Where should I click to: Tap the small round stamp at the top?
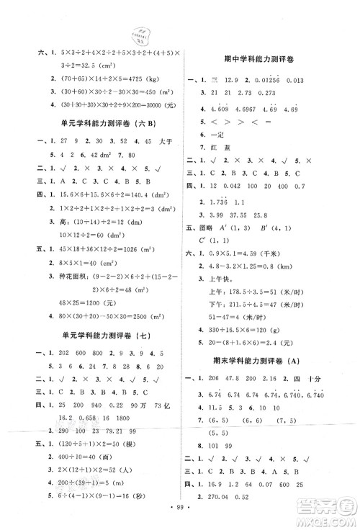click(x=140, y=37)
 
